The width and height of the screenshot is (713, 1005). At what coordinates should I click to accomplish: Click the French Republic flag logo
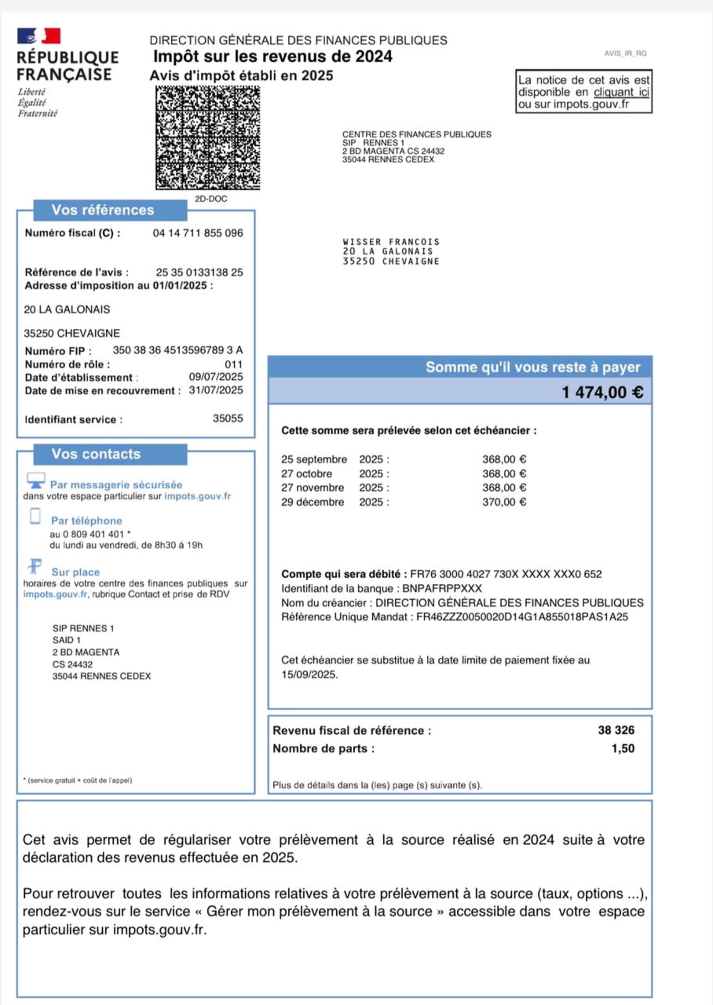pyautogui.click(x=39, y=36)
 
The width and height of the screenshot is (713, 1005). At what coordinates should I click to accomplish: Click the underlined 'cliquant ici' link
pyautogui.click(x=621, y=92)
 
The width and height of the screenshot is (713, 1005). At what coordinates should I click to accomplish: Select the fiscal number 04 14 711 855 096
pyautogui.click(x=198, y=233)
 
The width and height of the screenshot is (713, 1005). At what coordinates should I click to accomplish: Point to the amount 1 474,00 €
pyautogui.click(x=602, y=392)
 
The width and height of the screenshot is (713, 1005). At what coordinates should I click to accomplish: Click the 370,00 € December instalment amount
pyautogui.click(x=504, y=502)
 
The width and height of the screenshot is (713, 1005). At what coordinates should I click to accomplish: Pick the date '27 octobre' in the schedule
pyautogui.click(x=307, y=474)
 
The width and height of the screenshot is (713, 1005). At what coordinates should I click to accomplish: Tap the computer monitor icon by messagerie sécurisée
pyautogui.click(x=36, y=480)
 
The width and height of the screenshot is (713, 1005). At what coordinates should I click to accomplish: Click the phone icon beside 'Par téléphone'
pyautogui.click(x=35, y=516)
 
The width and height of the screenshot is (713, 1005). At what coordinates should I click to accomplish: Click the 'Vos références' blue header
pyautogui.click(x=103, y=210)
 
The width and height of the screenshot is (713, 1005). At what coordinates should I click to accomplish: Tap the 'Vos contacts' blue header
pyautogui.click(x=96, y=454)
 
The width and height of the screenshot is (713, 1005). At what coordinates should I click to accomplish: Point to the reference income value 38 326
pyautogui.click(x=616, y=730)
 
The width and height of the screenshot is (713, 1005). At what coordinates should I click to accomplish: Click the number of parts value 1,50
pyautogui.click(x=623, y=749)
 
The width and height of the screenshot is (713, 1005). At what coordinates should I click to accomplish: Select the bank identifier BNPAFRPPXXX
pyautogui.click(x=442, y=588)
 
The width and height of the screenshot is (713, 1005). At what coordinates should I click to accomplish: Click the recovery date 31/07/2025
pyautogui.click(x=216, y=390)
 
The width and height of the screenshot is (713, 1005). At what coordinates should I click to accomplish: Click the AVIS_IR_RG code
pyautogui.click(x=625, y=53)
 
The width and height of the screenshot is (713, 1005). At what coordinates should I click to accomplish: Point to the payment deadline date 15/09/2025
pyautogui.click(x=309, y=675)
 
